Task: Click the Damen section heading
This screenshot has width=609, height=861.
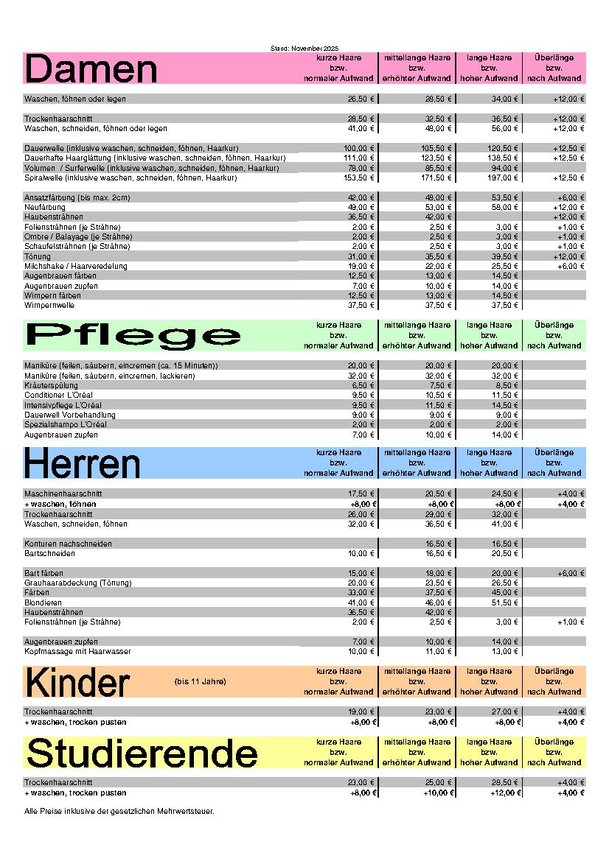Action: coord(91,69)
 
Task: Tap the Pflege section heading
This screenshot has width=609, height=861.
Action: coord(133,335)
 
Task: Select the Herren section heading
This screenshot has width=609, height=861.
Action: coord(82,463)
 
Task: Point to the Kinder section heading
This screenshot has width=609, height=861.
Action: coord(77,682)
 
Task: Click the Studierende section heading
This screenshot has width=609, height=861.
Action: coord(141,753)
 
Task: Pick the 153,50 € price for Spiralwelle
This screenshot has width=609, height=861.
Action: coord(359,178)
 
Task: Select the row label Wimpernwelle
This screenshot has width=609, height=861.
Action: coord(49,305)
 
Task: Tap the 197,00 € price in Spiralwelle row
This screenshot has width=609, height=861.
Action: coord(503,178)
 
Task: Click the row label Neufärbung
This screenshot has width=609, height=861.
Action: coord(45,208)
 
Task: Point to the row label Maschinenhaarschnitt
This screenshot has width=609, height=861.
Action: coord(63,493)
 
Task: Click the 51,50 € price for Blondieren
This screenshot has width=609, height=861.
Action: coord(505,602)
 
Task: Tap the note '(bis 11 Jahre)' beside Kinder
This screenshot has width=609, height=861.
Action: coord(201,681)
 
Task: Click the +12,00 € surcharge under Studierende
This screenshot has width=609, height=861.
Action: coord(505,793)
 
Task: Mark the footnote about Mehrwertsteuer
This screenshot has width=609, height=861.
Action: coord(119,812)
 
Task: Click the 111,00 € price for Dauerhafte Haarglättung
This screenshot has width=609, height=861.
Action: coord(359,158)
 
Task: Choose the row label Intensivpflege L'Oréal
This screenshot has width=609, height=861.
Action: coord(63,405)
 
